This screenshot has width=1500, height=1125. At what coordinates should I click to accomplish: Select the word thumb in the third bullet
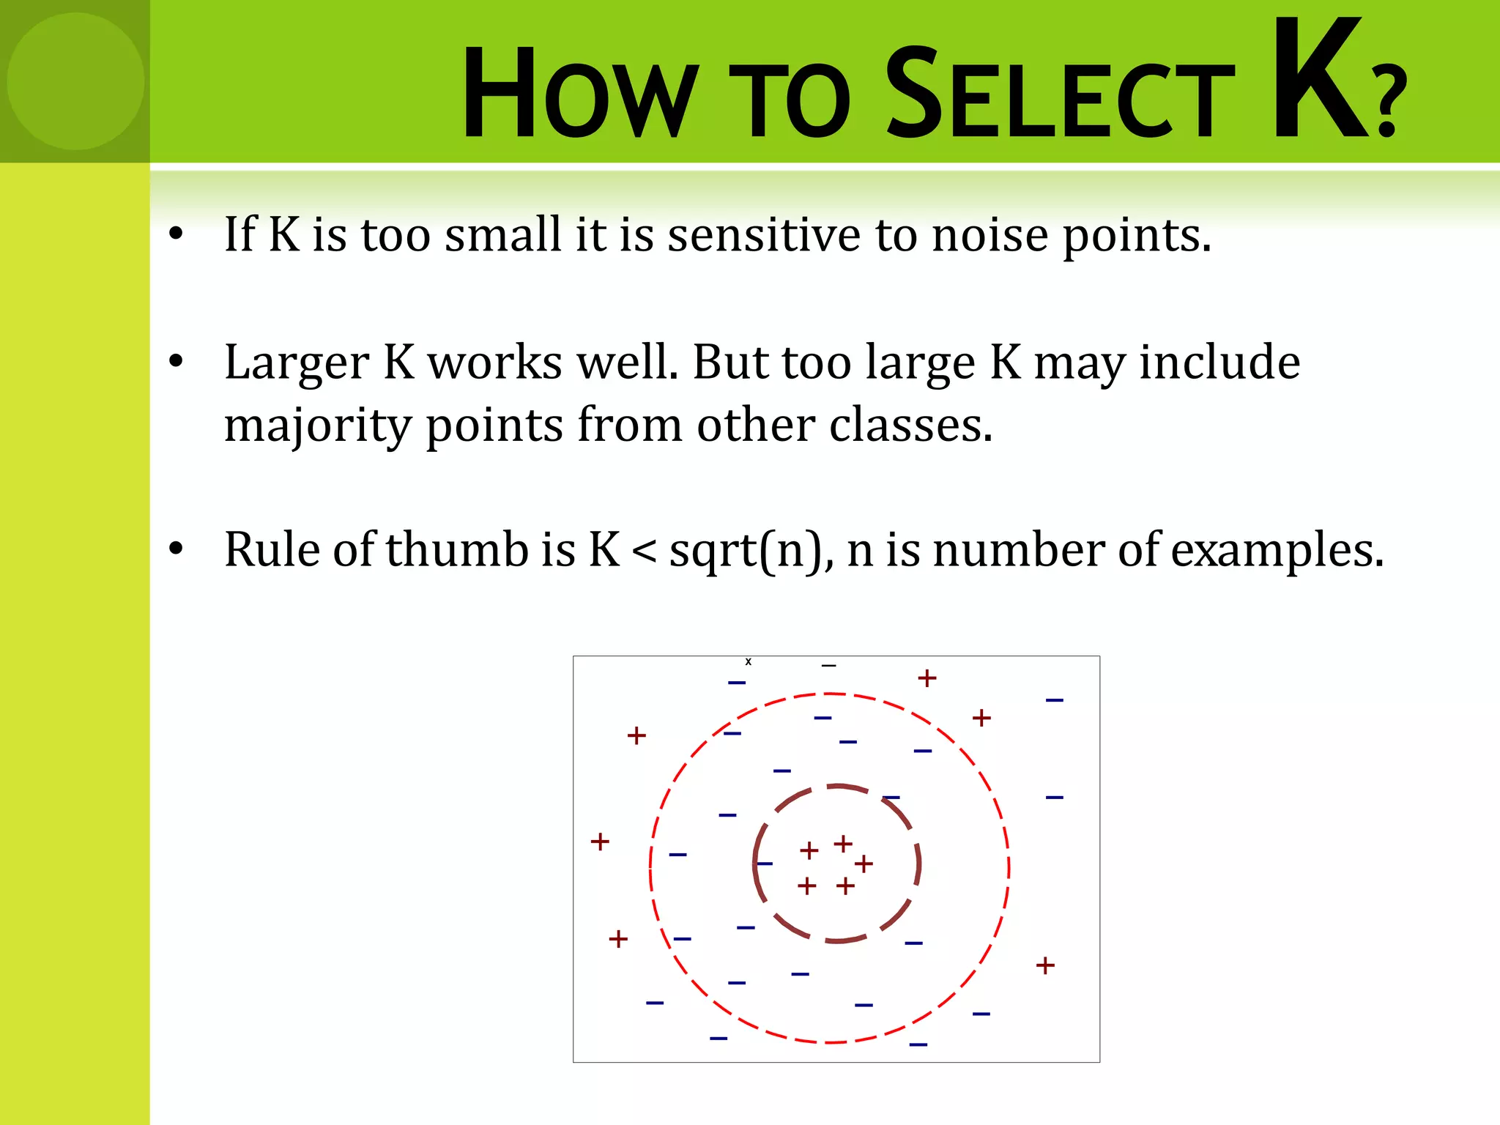pos(457,549)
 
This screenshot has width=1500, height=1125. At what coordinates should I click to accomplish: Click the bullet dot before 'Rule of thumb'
pos(176,549)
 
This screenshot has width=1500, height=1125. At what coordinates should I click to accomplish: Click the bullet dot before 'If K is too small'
pos(176,234)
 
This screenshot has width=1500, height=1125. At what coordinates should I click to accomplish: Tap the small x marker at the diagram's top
pos(748,662)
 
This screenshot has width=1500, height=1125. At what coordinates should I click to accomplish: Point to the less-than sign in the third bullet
pos(644,552)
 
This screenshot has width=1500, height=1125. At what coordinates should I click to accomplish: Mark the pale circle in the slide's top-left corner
pos(75,81)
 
